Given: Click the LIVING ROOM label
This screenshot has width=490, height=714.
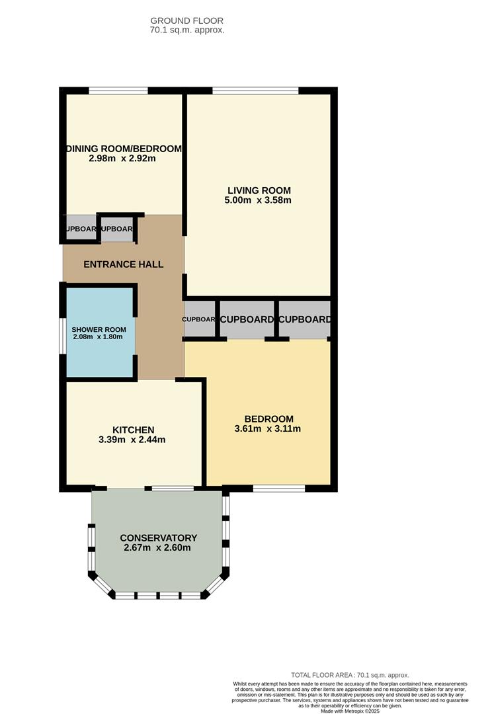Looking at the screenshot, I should (x=259, y=190).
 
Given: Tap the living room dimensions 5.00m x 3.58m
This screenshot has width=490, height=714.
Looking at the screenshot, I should (x=259, y=200).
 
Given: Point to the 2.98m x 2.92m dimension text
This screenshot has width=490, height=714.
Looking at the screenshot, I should (x=122, y=159).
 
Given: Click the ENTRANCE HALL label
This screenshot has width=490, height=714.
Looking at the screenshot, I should (x=123, y=264).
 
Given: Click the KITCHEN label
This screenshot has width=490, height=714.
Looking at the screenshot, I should (x=133, y=430).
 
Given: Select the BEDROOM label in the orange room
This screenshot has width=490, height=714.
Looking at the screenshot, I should (x=268, y=418).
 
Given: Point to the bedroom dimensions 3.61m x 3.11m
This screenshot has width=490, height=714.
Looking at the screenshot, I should (x=268, y=428).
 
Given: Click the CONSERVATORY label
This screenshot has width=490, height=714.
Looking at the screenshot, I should (x=158, y=537).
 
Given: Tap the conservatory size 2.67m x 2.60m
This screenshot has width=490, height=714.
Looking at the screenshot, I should (x=157, y=547).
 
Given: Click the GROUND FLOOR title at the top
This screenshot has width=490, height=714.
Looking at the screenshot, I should (x=187, y=20).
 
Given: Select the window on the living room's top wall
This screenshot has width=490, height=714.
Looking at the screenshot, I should (x=255, y=91).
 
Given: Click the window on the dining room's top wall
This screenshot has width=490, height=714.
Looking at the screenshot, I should (x=118, y=91).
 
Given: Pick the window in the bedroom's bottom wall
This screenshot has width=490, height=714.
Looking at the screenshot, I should (x=278, y=489).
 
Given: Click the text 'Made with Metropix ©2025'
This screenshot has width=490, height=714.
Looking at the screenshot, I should (x=350, y=711).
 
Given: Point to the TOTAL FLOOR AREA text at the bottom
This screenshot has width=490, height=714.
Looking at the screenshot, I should (x=350, y=675).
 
